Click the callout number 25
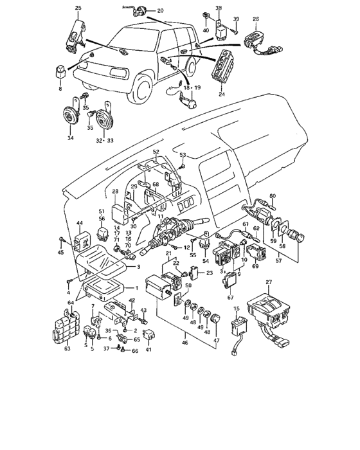pyautogui.click(x=78, y=7)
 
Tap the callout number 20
pyautogui.click(x=160, y=11)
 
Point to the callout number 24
pyautogui.click(x=222, y=94)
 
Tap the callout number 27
pyautogui.click(x=269, y=282)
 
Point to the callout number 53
pyautogui.click(x=183, y=155)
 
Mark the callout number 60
pyautogui.click(x=273, y=195)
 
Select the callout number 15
pyautogui.click(x=236, y=309)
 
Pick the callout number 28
pyautogui.click(x=115, y=192)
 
